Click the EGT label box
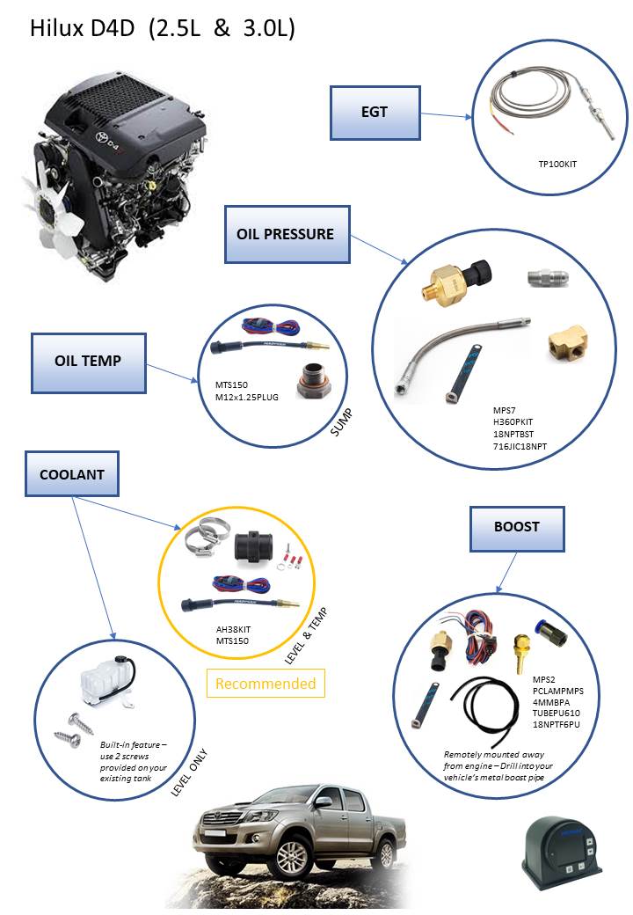click(x=374, y=113)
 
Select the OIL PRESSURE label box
click(x=287, y=234)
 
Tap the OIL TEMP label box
click(x=88, y=362)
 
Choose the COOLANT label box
click(x=72, y=474)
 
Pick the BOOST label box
click(x=516, y=527)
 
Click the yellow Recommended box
click(x=265, y=684)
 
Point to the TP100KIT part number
click(x=558, y=165)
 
